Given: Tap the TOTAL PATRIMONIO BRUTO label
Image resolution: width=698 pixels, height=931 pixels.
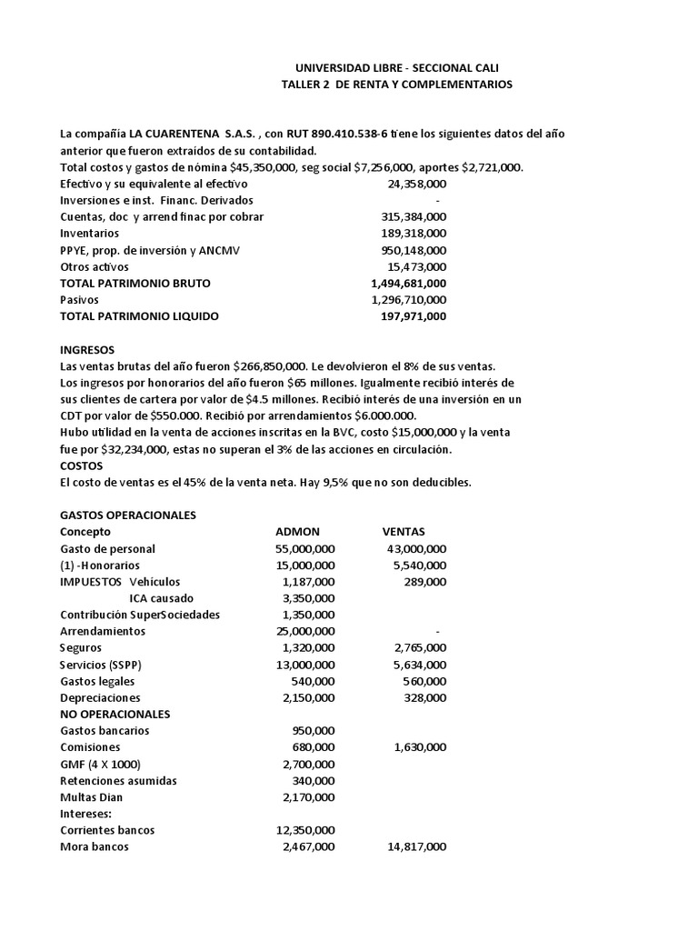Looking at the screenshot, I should (x=135, y=284).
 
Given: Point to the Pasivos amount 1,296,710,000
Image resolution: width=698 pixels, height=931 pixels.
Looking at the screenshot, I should (x=409, y=300).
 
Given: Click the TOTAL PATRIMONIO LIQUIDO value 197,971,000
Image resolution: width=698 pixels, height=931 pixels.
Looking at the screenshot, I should (x=413, y=316).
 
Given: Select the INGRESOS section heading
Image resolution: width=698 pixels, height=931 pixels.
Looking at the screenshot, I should (x=87, y=349).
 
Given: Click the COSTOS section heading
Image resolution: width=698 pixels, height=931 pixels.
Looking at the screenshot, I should (x=82, y=465).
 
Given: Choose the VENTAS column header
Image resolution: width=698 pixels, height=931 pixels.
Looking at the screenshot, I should (x=404, y=532).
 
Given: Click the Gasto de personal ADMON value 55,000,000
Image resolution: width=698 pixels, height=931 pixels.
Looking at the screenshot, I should (x=305, y=548).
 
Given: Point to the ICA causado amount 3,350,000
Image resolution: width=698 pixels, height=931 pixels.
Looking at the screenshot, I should (x=309, y=598).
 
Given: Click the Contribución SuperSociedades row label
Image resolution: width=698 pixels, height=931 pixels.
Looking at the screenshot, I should (x=140, y=615).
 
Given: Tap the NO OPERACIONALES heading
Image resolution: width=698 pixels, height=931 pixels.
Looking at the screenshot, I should (x=114, y=714).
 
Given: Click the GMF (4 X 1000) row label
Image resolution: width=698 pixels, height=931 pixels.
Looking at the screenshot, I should (x=100, y=764).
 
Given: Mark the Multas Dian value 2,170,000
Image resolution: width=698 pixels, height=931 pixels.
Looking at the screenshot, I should (x=309, y=797).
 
